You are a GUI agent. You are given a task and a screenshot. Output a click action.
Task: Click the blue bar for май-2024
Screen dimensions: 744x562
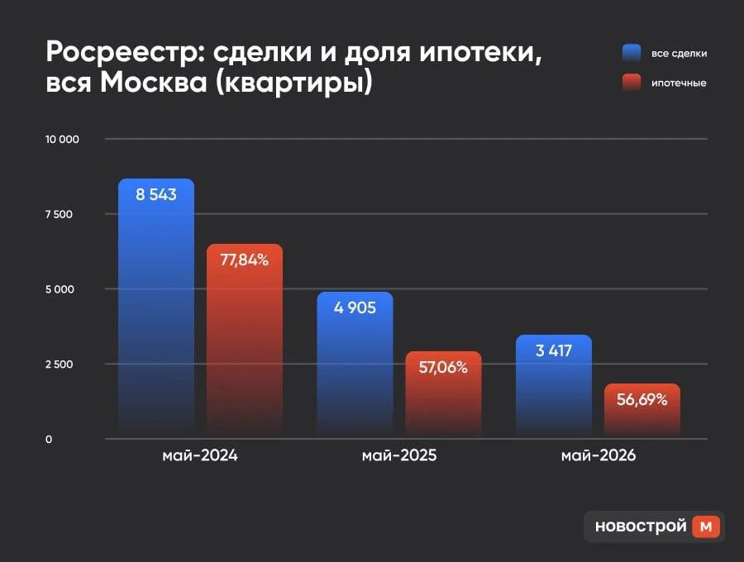156,308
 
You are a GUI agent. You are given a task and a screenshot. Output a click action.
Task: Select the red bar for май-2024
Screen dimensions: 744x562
245,341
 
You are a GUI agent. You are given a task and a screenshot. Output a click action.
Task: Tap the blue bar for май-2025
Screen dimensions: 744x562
355,364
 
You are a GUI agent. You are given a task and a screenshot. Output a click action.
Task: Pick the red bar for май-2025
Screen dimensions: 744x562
443,394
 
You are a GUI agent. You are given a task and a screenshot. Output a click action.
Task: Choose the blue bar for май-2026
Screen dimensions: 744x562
554,387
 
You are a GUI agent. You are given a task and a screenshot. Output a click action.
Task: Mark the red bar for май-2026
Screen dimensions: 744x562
642,411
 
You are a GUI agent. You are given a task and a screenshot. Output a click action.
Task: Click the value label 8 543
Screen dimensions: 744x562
156,194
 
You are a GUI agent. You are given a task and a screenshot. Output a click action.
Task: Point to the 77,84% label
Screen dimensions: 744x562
245,260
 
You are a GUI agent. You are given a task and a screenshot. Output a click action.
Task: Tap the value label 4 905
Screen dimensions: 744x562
355,307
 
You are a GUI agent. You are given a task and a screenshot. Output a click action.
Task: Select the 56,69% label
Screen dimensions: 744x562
642,399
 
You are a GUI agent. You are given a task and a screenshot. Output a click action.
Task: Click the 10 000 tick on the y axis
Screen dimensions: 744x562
62,140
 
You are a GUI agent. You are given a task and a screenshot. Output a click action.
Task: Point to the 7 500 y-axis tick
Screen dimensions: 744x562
59,214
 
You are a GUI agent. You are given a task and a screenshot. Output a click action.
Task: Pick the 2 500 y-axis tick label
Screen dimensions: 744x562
60,364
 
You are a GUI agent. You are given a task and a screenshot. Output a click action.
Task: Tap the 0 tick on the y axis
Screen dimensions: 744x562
49,439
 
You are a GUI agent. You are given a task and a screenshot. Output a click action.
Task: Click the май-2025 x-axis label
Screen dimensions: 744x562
399,455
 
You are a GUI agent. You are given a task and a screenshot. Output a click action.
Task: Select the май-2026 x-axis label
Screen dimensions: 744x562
599,455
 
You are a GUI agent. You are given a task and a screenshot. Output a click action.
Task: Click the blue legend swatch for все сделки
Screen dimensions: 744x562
632,53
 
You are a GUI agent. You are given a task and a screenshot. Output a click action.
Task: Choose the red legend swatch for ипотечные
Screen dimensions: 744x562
632,83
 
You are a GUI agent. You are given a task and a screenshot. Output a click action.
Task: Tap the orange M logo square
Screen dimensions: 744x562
706,526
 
